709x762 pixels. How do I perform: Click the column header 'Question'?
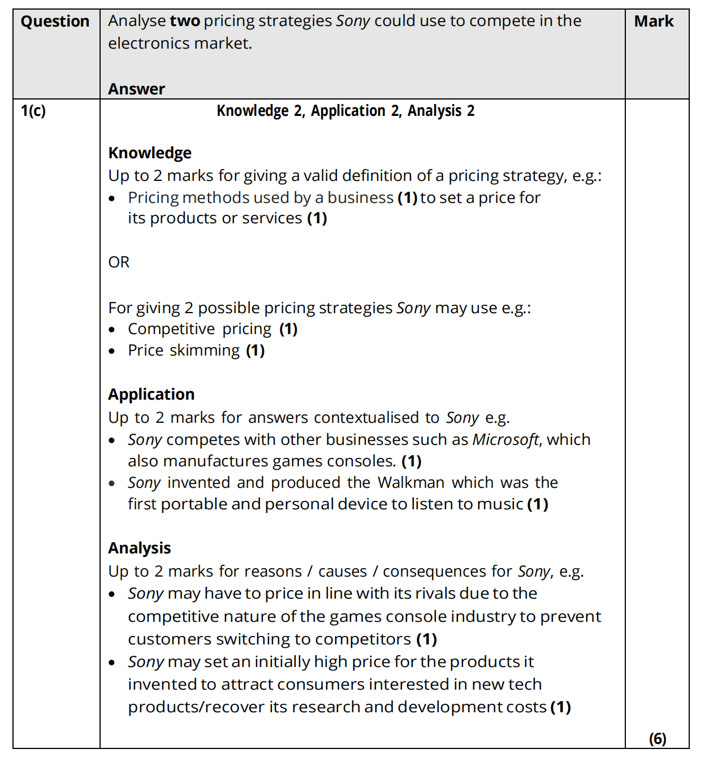[x=55, y=21]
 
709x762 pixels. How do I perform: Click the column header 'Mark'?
[x=654, y=21]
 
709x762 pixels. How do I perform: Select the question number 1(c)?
[x=33, y=111]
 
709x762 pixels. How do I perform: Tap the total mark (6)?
[x=658, y=738]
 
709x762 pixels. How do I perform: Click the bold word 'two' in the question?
[x=185, y=21]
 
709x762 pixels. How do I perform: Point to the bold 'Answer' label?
[x=136, y=89]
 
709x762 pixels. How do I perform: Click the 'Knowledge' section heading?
[x=150, y=153]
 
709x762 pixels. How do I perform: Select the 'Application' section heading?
[x=151, y=394]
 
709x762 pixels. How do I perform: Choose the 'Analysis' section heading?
[x=139, y=548]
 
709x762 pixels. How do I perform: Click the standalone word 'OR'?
[x=119, y=262]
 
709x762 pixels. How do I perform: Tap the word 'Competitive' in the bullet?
[x=171, y=329]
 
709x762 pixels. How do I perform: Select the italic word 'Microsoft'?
[x=505, y=439]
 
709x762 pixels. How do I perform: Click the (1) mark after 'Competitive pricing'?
[x=288, y=329]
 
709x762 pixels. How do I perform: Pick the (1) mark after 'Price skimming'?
[x=255, y=350]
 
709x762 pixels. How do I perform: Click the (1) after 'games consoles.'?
[x=412, y=461]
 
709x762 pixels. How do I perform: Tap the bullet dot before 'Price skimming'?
[x=113, y=351]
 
